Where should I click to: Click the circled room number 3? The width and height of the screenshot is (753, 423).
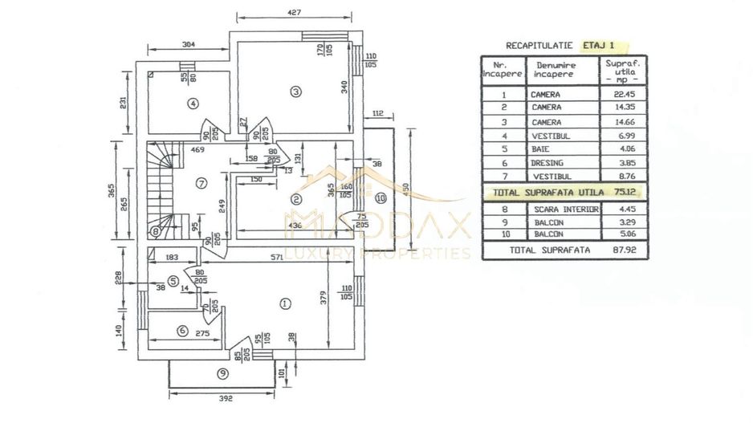[x=295, y=92]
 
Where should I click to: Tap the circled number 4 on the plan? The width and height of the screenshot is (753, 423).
[x=193, y=103]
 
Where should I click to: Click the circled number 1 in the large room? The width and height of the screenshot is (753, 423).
[x=284, y=303]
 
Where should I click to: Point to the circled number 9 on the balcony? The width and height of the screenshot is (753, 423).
[x=223, y=372]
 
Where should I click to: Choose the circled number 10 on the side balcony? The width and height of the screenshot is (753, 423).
[x=380, y=197]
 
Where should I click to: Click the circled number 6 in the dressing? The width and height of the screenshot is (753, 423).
[x=182, y=331]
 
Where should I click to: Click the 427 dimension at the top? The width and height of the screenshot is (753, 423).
[x=295, y=12]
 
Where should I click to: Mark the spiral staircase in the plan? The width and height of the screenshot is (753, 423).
[x=167, y=190]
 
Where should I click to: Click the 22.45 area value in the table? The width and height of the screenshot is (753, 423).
[x=624, y=94]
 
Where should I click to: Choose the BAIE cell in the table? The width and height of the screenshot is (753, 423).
[x=541, y=148]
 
